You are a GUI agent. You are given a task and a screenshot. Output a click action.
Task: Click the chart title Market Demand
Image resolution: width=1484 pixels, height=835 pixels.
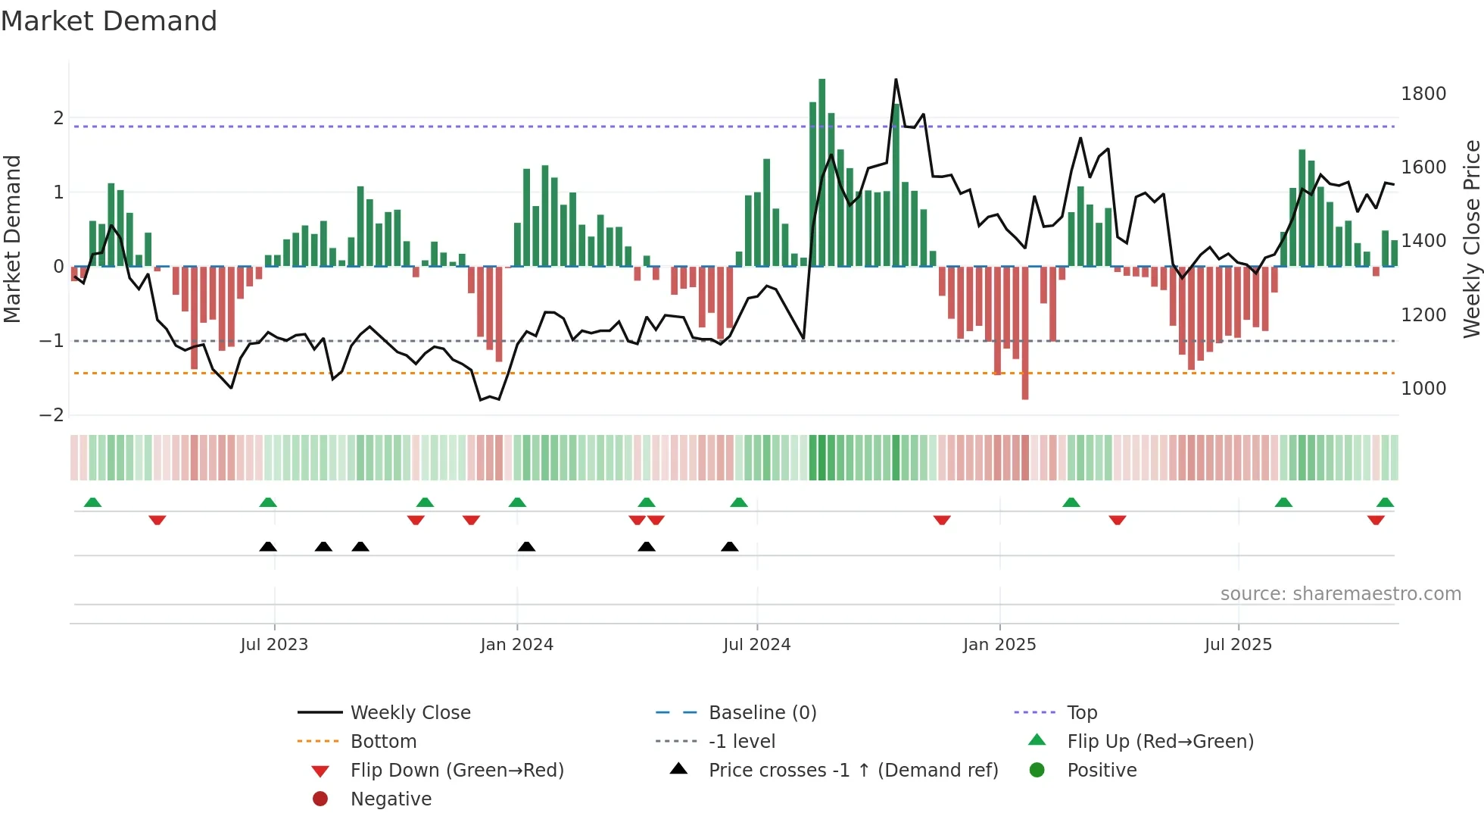(x=109, y=21)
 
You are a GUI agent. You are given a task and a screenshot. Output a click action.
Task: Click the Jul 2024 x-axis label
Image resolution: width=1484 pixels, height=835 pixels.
(x=756, y=645)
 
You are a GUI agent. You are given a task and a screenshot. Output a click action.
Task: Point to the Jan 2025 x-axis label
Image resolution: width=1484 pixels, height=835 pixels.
(x=999, y=645)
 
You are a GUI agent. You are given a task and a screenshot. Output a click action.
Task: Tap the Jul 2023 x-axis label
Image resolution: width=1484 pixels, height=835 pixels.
(x=274, y=645)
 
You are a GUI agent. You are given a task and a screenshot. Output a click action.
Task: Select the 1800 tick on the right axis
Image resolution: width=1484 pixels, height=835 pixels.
(x=1423, y=94)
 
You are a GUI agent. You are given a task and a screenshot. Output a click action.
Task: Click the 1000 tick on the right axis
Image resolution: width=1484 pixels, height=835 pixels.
(x=1423, y=389)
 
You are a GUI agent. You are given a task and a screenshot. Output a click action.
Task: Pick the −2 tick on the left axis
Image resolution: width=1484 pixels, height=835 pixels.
(x=51, y=415)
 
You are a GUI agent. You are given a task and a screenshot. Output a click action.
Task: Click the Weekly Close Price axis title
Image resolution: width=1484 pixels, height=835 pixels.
(x=1471, y=239)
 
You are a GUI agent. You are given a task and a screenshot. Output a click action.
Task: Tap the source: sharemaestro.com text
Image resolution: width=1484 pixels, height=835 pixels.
(x=1340, y=594)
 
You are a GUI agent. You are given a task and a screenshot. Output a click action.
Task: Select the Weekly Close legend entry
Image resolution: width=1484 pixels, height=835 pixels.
(x=410, y=713)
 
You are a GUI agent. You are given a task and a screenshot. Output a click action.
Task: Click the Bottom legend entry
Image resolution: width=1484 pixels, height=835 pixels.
(x=383, y=742)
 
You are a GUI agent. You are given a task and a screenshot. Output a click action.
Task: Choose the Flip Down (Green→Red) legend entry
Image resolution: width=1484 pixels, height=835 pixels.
(x=457, y=771)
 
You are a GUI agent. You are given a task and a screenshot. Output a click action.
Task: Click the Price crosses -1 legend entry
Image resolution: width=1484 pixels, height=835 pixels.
(x=853, y=771)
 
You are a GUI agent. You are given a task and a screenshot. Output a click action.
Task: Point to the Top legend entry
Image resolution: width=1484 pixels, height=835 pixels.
(x=1081, y=713)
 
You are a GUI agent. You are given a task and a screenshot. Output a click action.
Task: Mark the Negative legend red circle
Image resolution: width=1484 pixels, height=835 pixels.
(x=320, y=799)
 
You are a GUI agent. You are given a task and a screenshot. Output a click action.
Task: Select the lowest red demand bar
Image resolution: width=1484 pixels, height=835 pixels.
(x=1024, y=333)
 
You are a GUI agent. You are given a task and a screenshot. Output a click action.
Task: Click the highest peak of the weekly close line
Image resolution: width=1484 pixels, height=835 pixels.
(x=896, y=80)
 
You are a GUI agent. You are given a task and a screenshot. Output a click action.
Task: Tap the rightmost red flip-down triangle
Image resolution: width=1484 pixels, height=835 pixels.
(x=1376, y=520)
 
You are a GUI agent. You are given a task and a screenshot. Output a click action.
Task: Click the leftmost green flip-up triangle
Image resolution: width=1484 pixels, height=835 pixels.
(x=92, y=502)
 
